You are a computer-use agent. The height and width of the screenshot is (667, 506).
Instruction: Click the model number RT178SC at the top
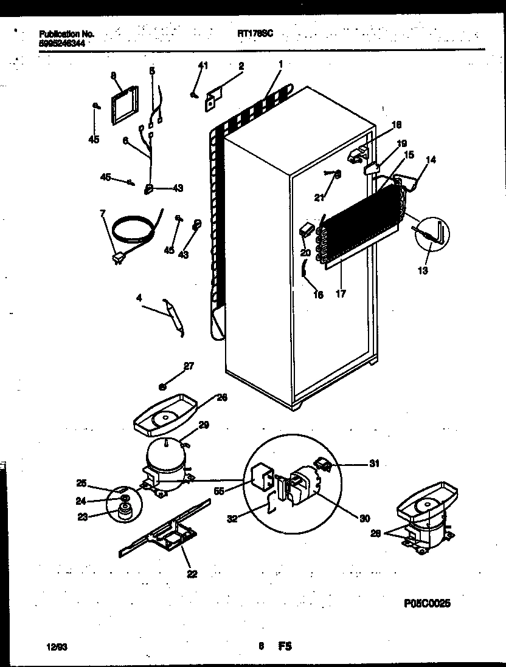255,35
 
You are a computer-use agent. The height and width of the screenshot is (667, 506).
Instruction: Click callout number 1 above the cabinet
280,64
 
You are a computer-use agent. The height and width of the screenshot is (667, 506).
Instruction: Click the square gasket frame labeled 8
124,105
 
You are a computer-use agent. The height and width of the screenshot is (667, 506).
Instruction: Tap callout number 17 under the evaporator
341,294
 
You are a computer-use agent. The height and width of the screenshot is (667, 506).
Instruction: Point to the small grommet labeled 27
162,386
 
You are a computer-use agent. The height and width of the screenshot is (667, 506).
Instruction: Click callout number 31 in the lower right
373,463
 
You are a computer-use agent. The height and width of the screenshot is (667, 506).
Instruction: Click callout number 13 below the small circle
422,270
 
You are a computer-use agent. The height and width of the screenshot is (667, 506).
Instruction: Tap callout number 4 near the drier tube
139,298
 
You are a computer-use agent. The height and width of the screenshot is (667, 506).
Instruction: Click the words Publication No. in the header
66,35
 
